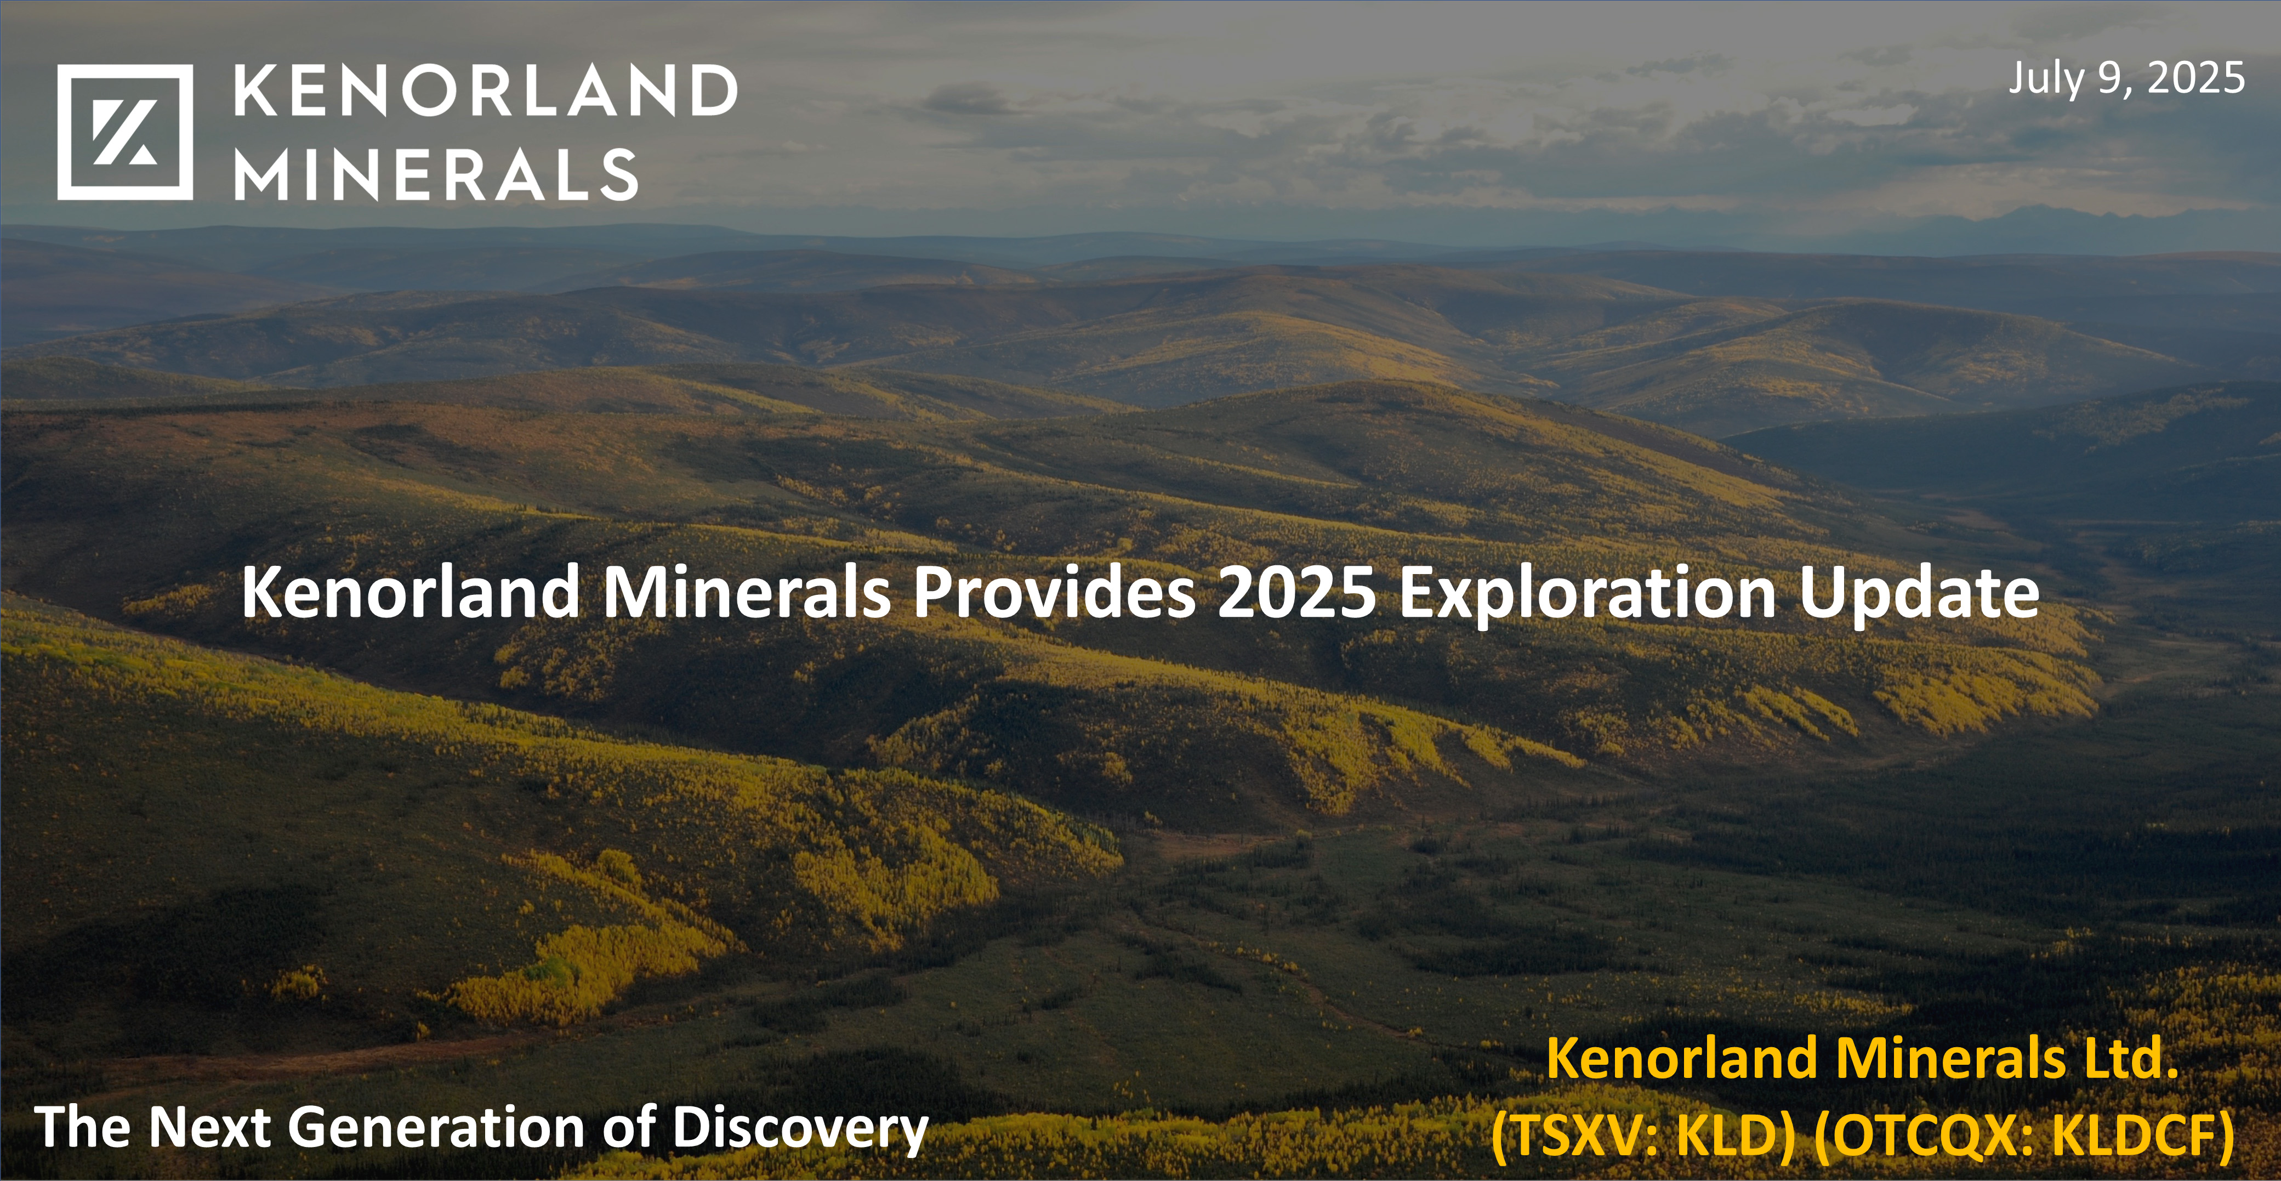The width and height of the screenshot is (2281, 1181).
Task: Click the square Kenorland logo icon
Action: point(125,132)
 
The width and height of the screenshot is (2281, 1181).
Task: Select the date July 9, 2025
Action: point(2126,78)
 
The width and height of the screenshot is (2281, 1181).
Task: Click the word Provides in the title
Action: point(1054,593)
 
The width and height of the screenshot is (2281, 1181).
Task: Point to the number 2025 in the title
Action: point(1296,593)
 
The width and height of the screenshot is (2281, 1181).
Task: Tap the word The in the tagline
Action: point(84,1128)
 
